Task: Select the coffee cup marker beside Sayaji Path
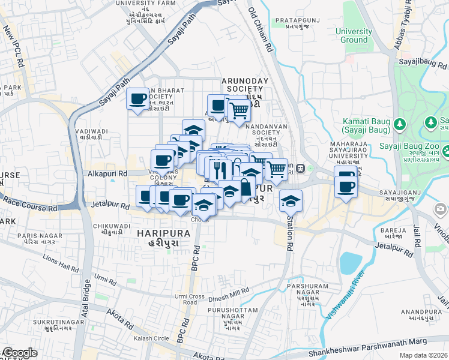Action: pos(137,98)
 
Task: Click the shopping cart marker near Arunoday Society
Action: pos(239,110)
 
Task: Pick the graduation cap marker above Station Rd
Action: pos(291,200)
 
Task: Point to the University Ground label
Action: pos(354,35)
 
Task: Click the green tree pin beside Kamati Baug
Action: pos(400,124)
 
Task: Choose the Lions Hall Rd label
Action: pos(61,262)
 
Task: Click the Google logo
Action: pos(19,353)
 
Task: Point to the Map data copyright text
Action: pos(424,355)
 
